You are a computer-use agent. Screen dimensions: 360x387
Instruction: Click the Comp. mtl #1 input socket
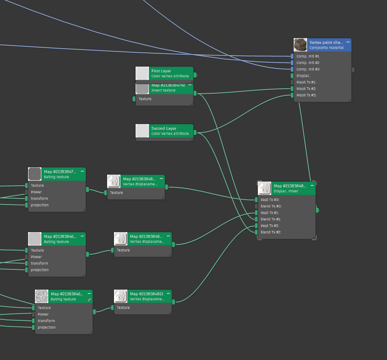pos(292,56)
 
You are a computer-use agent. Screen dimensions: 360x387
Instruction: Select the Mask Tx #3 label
pos(307,95)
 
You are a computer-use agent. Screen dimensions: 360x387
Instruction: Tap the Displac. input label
pos(303,76)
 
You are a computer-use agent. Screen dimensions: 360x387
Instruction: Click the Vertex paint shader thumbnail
pos(301,45)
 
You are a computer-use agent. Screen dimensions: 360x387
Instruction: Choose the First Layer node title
pos(161,71)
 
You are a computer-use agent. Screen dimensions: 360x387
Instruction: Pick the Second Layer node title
pos(164,129)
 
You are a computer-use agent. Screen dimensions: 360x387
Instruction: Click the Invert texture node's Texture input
pos(134,99)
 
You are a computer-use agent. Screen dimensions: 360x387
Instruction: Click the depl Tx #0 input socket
pos(256,200)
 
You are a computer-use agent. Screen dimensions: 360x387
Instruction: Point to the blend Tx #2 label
pos(271,232)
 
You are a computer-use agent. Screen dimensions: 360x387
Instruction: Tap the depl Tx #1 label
pos(270,213)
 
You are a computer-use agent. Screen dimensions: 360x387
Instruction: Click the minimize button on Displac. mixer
pos(312,185)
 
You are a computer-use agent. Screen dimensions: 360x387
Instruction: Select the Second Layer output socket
pos(195,132)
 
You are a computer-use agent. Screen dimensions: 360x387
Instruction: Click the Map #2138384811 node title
pos(147,294)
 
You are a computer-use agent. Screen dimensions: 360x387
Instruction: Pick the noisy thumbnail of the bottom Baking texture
pos(42,296)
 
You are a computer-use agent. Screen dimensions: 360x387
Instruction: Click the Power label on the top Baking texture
pos(36,192)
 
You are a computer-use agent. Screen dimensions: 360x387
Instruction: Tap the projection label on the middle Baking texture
pos(40,270)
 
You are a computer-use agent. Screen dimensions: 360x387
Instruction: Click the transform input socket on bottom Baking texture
pos(34,321)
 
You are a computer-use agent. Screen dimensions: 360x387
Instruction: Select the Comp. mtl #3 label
pos(308,69)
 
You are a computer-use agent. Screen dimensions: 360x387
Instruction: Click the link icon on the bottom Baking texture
pos(89,299)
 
